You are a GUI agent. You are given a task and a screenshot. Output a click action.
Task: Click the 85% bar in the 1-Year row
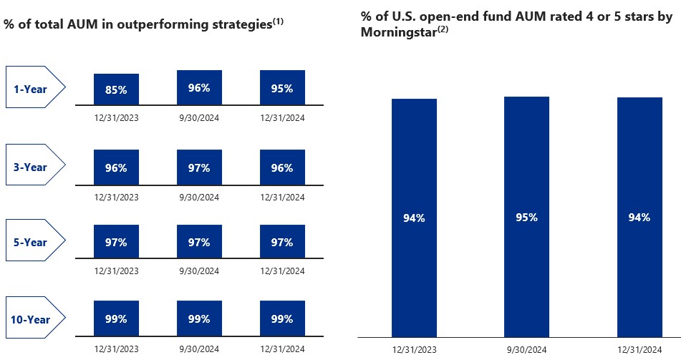tap(116, 89)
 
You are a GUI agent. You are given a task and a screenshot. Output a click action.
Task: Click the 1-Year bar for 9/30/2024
tap(199, 87)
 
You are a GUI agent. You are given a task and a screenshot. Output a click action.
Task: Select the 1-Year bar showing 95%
tap(282, 88)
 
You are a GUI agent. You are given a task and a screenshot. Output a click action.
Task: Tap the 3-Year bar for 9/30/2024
tap(199, 167)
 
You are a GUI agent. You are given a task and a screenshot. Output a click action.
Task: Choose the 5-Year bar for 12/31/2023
tap(116, 242)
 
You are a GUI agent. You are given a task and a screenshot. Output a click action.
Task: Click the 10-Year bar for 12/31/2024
tap(282, 318)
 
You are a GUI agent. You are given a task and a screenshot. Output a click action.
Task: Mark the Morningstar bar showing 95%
tap(526, 217)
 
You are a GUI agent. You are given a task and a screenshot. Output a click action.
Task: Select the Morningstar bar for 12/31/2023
tap(414, 218)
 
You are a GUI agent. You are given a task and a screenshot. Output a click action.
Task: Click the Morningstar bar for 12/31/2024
tap(639, 218)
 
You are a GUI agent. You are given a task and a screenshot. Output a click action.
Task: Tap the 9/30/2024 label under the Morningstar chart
tap(526, 349)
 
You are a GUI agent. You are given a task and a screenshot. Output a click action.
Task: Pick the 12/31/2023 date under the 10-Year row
tap(116, 349)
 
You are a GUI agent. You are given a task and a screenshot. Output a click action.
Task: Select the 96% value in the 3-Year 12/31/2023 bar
tap(116, 168)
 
